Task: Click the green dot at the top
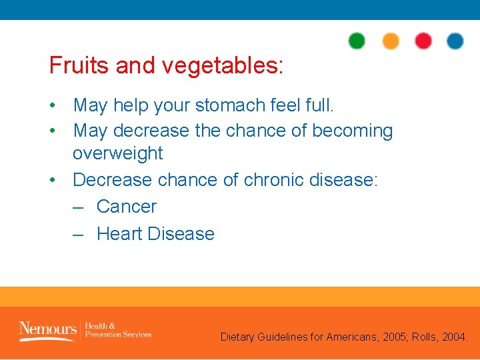357,41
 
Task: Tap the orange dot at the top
391,41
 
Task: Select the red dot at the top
423,41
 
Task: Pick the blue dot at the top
455,41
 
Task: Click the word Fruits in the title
79,65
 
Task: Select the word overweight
117,153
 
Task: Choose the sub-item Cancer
127,207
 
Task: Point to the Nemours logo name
47,329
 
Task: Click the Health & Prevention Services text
118,329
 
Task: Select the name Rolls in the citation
427,337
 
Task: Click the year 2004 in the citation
456,337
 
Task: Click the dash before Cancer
78,207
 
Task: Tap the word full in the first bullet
318,105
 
